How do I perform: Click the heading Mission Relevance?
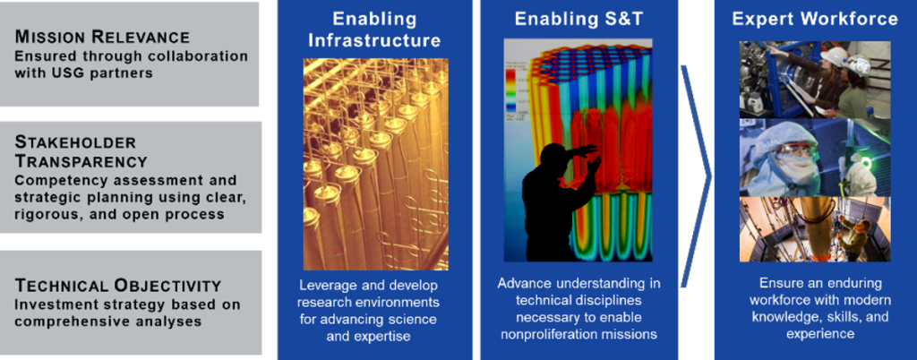pyautogui.click(x=102, y=38)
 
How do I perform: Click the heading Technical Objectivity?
pyautogui.click(x=118, y=286)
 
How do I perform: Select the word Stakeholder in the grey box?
pyautogui.click(x=75, y=142)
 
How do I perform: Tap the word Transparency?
pyautogui.click(x=81, y=160)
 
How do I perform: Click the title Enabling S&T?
pyautogui.click(x=579, y=20)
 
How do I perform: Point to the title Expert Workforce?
pyautogui.click(x=815, y=19)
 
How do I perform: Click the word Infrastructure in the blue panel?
pyautogui.click(x=374, y=40)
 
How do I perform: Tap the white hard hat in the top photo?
pyautogui.click(x=835, y=56)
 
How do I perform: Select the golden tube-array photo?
pyautogui.click(x=376, y=164)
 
